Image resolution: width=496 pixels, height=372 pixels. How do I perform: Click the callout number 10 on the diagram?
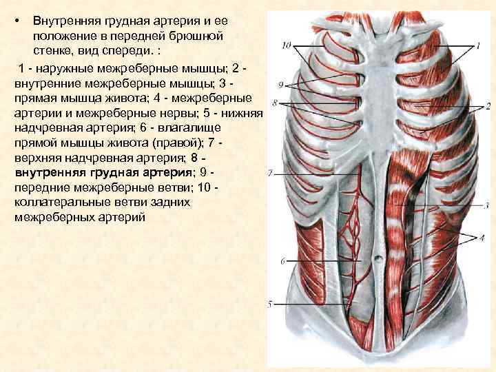coord(287,45)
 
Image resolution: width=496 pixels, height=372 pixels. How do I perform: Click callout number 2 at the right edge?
coord(487,107)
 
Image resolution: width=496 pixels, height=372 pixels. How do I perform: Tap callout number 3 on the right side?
coord(486,205)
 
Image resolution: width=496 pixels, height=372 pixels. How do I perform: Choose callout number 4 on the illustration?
coord(482,238)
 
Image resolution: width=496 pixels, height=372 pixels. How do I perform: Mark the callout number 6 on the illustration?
coord(282,262)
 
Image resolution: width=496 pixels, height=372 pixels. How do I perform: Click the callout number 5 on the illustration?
coord(270,304)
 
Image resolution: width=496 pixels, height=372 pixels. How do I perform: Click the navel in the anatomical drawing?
coord(378,258)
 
